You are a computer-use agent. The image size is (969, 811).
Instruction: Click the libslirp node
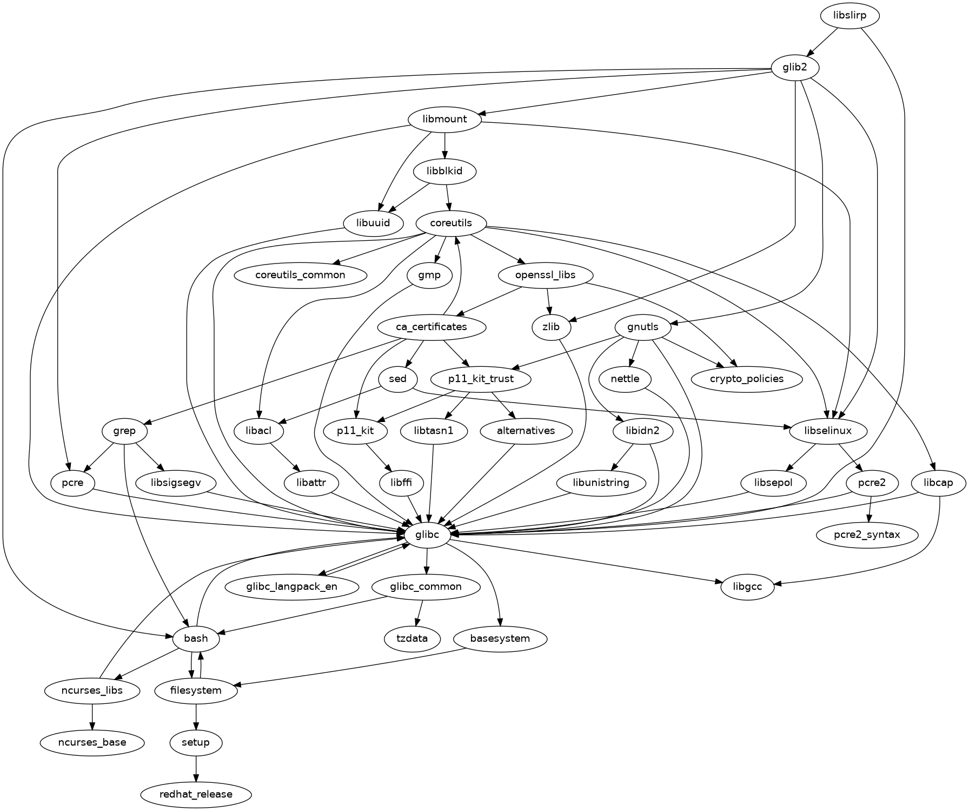(x=849, y=16)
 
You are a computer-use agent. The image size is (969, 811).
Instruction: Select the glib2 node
(x=794, y=68)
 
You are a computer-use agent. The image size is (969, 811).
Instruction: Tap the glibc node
(x=428, y=535)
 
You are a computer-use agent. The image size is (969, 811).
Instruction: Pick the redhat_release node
(x=196, y=794)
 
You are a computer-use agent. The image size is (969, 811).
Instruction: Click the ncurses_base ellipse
(x=92, y=742)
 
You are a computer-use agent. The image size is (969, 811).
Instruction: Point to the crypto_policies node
(x=747, y=379)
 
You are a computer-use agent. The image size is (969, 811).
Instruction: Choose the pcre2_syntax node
(x=867, y=535)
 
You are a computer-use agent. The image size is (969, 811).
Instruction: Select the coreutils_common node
(x=300, y=275)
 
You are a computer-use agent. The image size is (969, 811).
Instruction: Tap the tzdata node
(x=412, y=638)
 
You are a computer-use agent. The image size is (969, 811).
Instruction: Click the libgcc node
(x=747, y=587)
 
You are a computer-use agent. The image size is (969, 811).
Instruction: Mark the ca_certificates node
(x=431, y=327)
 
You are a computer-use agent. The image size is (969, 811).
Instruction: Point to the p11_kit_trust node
(x=481, y=379)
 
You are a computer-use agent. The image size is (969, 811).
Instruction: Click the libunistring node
(x=601, y=483)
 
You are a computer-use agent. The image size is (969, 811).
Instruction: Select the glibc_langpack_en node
(x=291, y=587)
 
